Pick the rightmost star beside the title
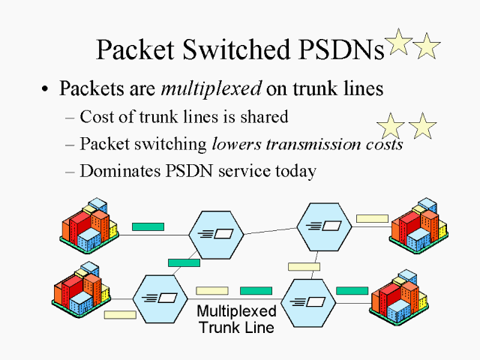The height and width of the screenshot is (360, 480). [427, 46]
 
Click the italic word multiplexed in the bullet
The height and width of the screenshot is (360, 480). [211, 88]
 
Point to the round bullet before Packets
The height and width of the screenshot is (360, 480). [46, 89]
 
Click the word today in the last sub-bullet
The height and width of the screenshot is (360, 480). [295, 171]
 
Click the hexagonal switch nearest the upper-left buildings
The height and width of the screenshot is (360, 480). [216, 234]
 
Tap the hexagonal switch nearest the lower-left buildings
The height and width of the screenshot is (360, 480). [160, 298]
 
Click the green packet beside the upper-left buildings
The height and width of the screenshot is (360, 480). [148, 226]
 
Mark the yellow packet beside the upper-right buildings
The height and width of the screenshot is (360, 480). [372, 219]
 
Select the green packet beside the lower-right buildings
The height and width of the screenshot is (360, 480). [352, 290]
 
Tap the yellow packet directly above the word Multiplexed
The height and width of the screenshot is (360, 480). [211, 291]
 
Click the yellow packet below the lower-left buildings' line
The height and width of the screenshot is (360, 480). [120, 315]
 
